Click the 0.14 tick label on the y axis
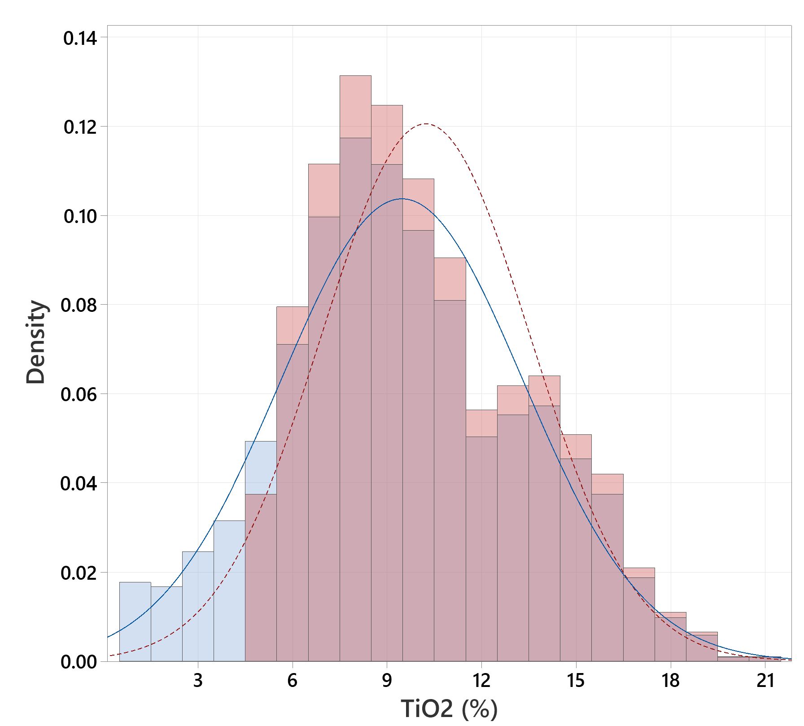coord(80,39)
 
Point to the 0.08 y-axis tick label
coord(79,305)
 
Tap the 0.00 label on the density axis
coord(79,662)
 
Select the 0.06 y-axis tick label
coord(79,394)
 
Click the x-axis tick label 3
coord(198,681)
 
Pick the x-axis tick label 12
coord(481,681)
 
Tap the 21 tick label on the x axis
coord(765,681)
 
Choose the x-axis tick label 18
coord(671,681)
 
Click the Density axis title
coord(36,342)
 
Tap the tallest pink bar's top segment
coord(355,107)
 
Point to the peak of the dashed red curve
coord(425,124)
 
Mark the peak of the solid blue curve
coord(402,198)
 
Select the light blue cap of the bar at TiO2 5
coord(261,468)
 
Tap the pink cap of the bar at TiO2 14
coord(544,391)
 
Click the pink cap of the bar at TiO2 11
coord(450,279)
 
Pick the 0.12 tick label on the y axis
coord(80,127)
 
